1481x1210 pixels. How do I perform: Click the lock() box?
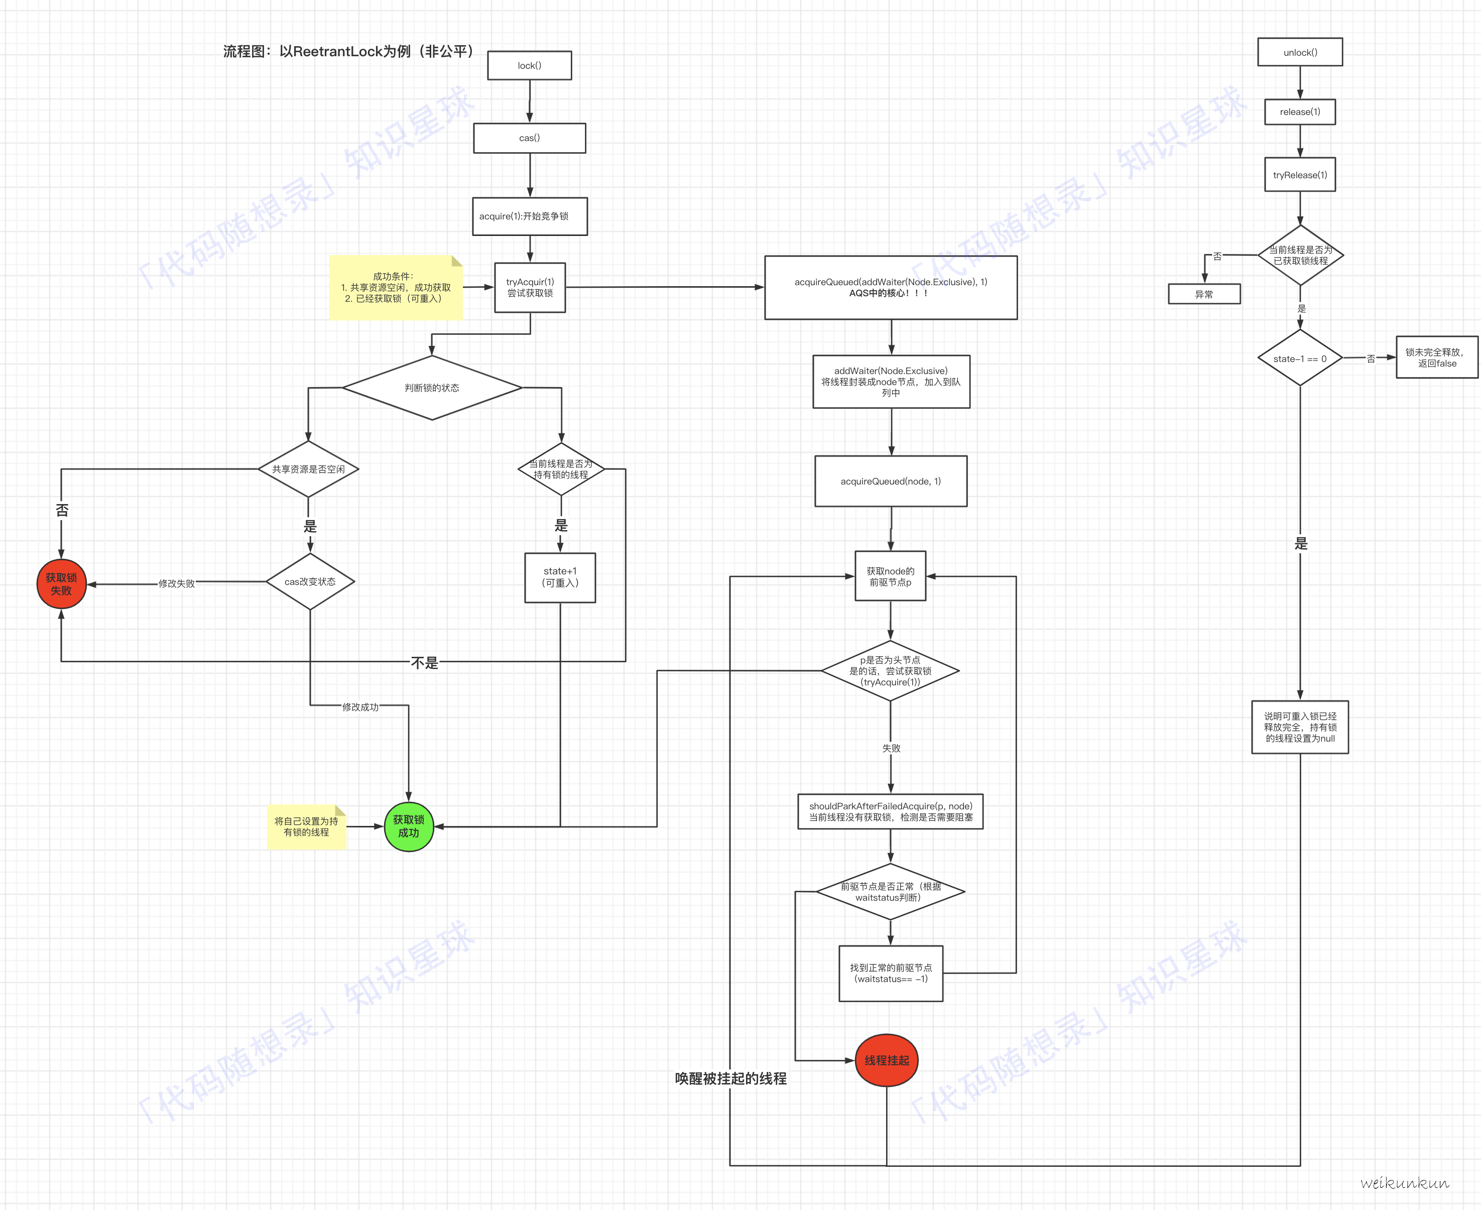point(530,65)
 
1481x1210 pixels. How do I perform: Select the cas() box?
point(530,138)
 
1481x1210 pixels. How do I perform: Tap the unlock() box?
point(1300,52)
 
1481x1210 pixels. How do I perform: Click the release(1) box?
point(1300,111)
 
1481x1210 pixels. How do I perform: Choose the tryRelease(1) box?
point(1300,175)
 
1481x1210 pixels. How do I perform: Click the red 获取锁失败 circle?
point(61,584)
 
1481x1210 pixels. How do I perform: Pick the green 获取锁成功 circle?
point(409,826)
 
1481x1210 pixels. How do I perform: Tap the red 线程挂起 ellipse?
point(887,1060)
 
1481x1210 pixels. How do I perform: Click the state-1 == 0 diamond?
point(1300,358)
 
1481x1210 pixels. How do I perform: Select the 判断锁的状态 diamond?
point(432,388)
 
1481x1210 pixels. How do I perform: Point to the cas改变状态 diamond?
point(310,581)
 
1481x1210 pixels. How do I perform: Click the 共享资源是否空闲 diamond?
point(308,469)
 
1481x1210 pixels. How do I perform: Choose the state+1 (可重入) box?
point(560,577)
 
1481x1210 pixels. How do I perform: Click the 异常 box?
point(1203,294)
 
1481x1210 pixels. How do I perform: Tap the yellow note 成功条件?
point(395,287)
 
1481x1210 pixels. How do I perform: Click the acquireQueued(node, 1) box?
point(891,481)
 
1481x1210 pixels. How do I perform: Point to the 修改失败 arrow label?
point(176,583)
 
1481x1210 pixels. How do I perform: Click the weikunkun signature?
point(1404,1183)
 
